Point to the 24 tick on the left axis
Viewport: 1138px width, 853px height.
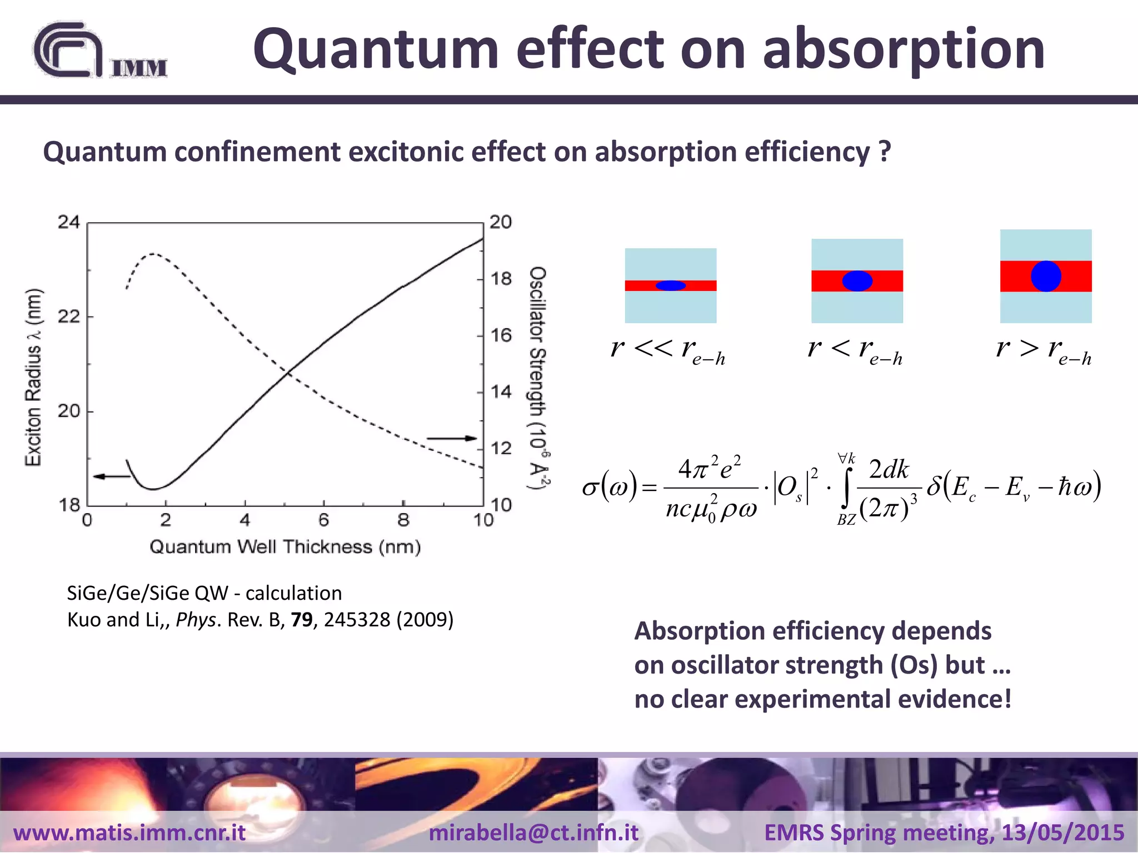point(69,222)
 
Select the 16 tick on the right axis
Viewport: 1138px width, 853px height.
point(501,335)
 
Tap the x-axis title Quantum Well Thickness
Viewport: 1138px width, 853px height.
point(285,547)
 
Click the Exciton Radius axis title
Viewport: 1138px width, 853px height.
point(33,378)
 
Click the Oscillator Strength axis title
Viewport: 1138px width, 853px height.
point(538,378)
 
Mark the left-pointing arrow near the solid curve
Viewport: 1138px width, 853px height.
point(111,476)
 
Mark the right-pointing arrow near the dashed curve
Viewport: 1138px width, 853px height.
point(452,439)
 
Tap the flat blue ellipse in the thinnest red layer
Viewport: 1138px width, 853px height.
point(671,285)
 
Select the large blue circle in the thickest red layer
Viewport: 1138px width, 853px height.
point(1046,276)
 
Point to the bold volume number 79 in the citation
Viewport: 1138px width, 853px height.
point(302,619)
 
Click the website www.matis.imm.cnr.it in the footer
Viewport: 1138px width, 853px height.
point(129,832)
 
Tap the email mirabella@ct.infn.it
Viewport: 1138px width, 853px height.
point(533,832)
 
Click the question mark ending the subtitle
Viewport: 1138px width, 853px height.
point(885,152)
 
